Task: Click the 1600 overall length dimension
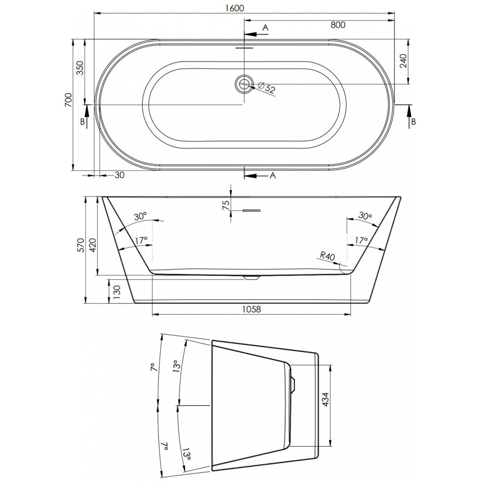pyautogui.click(x=234, y=8)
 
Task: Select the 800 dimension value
pyautogui.click(x=338, y=25)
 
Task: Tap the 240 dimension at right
pyautogui.click(x=403, y=61)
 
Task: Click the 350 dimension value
pyautogui.click(x=79, y=68)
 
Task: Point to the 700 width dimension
pyautogui.click(x=68, y=100)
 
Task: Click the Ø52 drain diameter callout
pyautogui.click(x=266, y=88)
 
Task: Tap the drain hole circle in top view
pyautogui.click(x=244, y=83)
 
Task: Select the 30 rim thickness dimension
pyautogui.click(x=119, y=175)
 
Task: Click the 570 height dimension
pyautogui.click(x=80, y=245)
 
